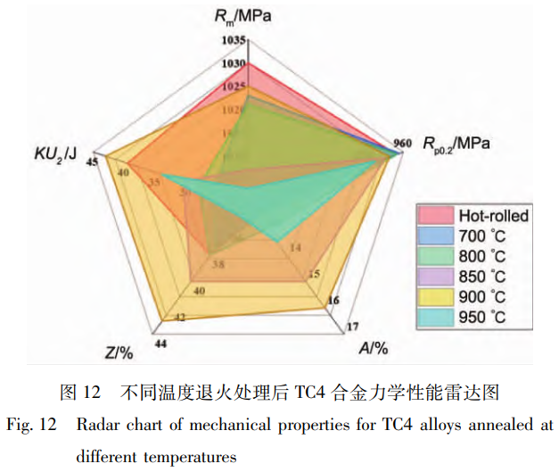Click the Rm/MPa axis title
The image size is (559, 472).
pyautogui.click(x=248, y=15)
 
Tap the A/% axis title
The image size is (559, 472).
pyautogui.click(x=374, y=348)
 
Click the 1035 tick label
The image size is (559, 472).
pyautogui.click(x=234, y=40)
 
